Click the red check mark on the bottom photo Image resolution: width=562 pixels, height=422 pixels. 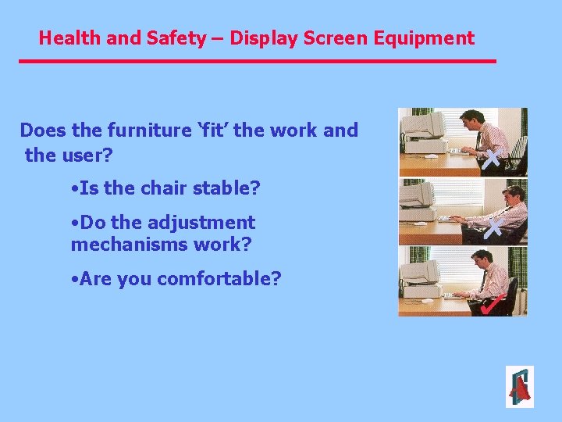[489, 303]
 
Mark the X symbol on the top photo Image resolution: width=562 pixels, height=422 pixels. [491, 160]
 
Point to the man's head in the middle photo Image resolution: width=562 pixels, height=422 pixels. [513, 195]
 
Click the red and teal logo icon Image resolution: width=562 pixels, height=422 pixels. [519, 387]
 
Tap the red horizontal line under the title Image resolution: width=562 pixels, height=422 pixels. [258, 61]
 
